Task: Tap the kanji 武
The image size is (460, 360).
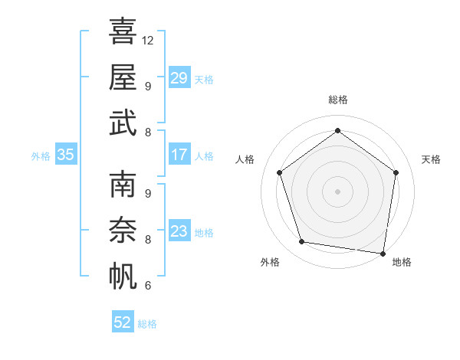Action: point(123,123)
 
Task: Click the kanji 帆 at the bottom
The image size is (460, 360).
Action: point(123,276)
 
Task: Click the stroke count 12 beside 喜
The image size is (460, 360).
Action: point(148,40)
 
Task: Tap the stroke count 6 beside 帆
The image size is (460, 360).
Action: point(147,286)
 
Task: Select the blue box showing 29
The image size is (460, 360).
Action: point(179,78)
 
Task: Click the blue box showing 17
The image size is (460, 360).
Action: point(179,155)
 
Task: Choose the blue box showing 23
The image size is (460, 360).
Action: point(179,231)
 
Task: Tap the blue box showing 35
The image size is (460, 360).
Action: point(65,155)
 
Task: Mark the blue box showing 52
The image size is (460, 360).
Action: point(123,322)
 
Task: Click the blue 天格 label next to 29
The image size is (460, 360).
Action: point(204,80)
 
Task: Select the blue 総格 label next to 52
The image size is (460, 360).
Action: point(147,324)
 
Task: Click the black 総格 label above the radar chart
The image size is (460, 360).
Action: point(337,100)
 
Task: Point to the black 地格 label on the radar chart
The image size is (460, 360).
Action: point(402,263)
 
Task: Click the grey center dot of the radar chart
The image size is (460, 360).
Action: point(337,191)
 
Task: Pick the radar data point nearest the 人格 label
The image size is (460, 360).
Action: point(279,172)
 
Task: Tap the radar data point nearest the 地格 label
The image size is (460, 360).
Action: point(383,253)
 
